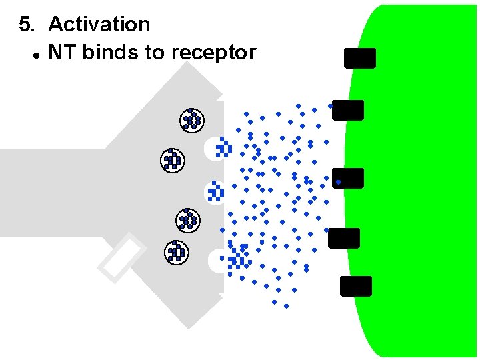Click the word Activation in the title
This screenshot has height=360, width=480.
click(x=99, y=25)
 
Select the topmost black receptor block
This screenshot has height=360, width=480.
click(x=360, y=58)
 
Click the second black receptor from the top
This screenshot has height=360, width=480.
click(x=348, y=110)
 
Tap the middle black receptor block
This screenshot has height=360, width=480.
click(x=349, y=178)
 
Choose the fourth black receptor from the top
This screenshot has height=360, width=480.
click(x=344, y=238)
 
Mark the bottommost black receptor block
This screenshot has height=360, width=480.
click(x=356, y=286)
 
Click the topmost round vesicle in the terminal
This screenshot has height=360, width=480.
click(x=192, y=120)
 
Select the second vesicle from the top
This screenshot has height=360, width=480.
click(x=173, y=160)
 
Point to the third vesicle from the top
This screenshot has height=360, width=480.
click(x=187, y=219)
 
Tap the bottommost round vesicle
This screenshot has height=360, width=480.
click(x=176, y=251)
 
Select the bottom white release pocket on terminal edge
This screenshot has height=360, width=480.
click(x=217, y=261)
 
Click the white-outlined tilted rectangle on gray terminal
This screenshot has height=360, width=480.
click(x=122, y=257)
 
